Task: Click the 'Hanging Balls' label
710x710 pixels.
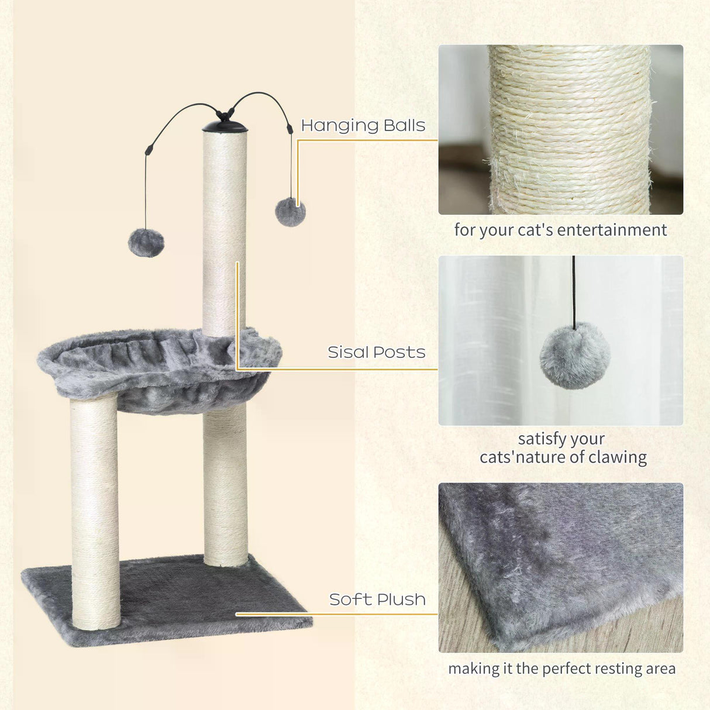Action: click(363, 126)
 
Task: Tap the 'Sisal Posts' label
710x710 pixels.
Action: click(376, 352)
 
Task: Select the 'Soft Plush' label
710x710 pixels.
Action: click(377, 599)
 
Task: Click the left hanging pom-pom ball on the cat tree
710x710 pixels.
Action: click(146, 243)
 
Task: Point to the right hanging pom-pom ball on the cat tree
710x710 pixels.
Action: click(290, 212)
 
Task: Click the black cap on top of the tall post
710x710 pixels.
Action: click(225, 126)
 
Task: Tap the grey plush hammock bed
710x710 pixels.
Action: click(158, 366)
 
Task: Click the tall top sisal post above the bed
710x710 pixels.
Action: click(225, 234)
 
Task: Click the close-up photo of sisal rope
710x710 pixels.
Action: click(560, 129)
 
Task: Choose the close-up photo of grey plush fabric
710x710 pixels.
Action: click(560, 567)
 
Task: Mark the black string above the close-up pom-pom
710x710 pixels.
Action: click(574, 292)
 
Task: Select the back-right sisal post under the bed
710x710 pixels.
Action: click(226, 485)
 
